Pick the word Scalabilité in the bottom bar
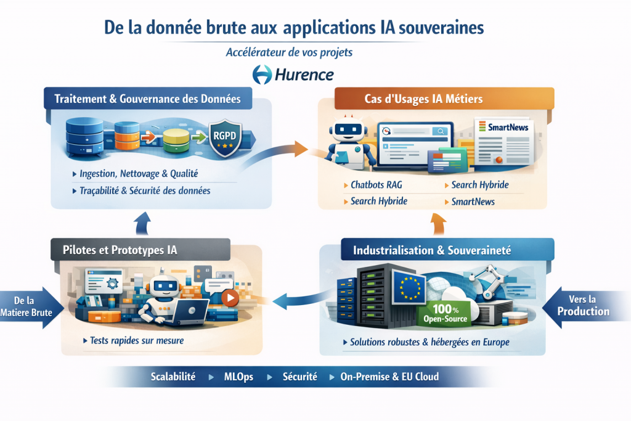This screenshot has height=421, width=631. [x=173, y=377]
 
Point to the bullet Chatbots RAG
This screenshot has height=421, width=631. [x=378, y=186]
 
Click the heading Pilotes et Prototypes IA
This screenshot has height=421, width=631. [x=120, y=250]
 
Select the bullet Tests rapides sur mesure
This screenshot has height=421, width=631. [x=136, y=340]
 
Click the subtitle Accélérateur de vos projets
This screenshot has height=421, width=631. [x=290, y=52]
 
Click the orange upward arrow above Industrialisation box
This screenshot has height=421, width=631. [x=438, y=224]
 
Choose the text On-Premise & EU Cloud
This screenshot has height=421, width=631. [x=389, y=377]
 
